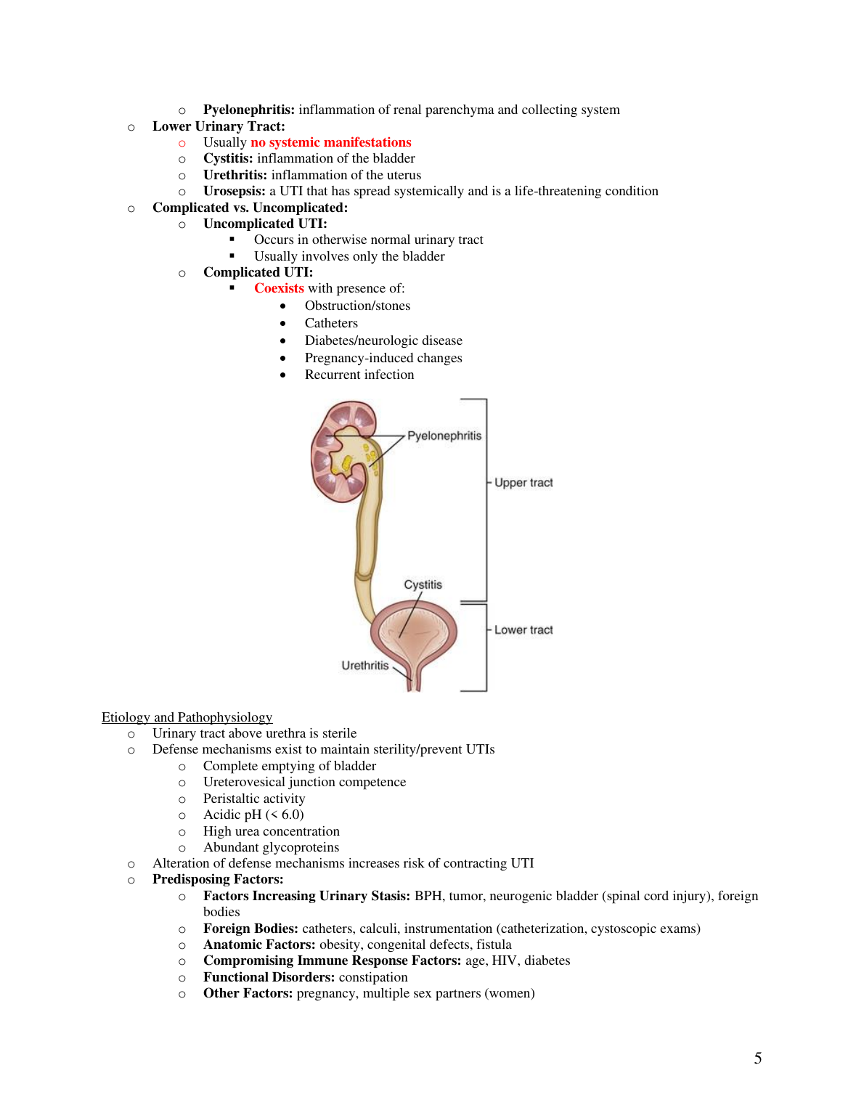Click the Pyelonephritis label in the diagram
click(x=444, y=436)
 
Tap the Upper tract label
click(x=523, y=483)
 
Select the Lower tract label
click(x=523, y=630)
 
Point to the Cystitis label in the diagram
click(x=423, y=584)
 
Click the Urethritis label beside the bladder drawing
click(x=365, y=665)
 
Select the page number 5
click(x=758, y=1058)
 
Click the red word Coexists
click(x=279, y=288)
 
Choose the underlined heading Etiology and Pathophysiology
click(x=187, y=717)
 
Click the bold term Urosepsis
click(x=234, y=191)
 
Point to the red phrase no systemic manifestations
click(x=331, y=142)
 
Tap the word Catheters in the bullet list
click(x=331, y=323)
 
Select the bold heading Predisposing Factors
click(x=218, y=879)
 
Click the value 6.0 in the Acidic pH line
click(x=290, y=815)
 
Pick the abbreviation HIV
click(x=504, y=960)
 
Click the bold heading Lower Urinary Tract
click(x=219, y=126)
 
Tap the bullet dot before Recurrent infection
click(x=283, y=375)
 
